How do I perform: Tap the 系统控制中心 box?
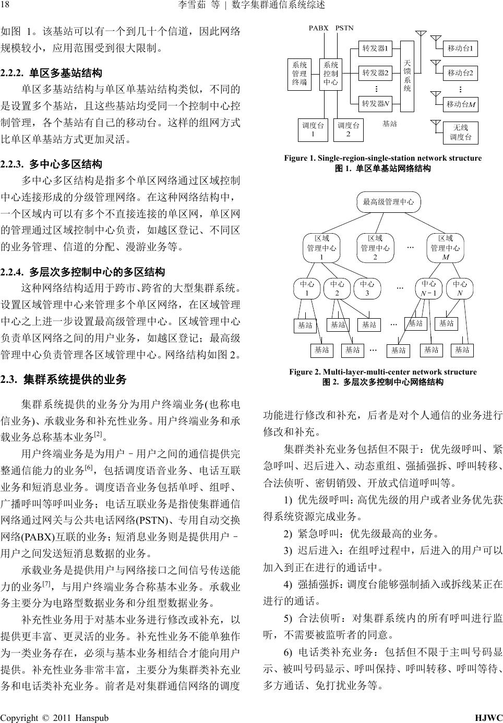coord(330,74)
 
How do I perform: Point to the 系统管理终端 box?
coord(300,74)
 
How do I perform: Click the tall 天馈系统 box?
coord(408,76)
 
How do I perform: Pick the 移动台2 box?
coord(460,73)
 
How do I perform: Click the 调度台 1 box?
coord(313,130)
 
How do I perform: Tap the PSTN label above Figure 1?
coord(344,28)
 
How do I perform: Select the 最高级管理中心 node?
coord(388,202)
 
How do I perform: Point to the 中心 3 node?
coord(367,288)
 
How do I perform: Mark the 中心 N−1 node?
coord(429,288)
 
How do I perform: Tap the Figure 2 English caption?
coord(382,372)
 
